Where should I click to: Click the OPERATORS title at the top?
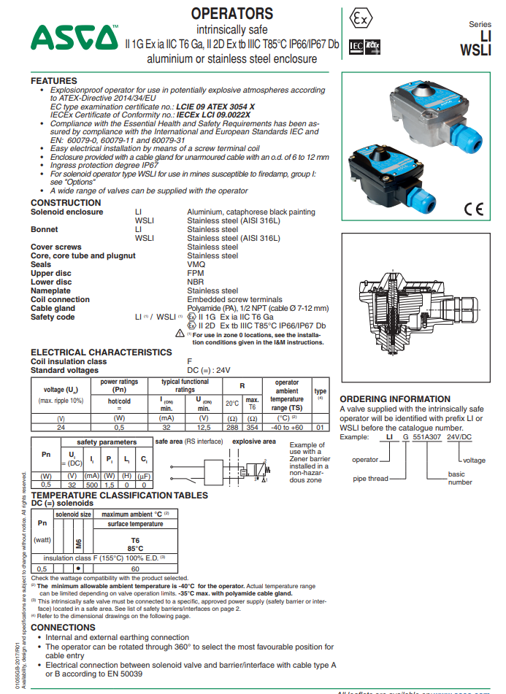[x=231, y=14]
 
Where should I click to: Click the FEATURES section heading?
[x=53, y=80]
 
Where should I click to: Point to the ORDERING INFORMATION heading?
[x=395, y=399]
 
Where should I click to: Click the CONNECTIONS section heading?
[x=63, y=627]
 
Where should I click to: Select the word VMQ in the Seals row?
[x=195, y=264]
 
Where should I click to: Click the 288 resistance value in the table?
[x=232, y=428]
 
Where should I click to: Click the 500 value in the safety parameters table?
[x=93, y=484]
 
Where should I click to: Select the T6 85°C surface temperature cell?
[x=135, y=545]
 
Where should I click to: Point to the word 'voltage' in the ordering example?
[x=473, y=460]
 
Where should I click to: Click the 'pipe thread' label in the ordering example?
[x=369, y=478]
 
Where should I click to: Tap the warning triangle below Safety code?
[x=180, y=333]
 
